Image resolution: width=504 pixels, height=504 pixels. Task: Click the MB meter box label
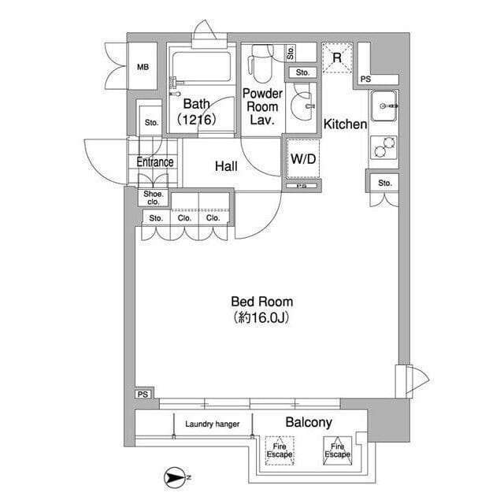click(x=143, y=67)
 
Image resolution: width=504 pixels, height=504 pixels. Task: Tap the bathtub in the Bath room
click(x=202, y=69)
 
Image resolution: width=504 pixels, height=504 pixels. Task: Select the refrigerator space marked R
click(x=337, y=57)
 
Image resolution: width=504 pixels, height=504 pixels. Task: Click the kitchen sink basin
click(x=384, y=106)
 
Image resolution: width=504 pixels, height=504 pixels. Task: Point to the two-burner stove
click(x=384, y=147)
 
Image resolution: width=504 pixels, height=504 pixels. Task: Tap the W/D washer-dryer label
click(x=303, y=159)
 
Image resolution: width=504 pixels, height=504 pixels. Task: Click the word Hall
click(x=226, y=166)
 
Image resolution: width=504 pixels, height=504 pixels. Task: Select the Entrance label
click(x=155, y=162)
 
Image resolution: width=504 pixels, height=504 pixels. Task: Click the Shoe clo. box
click(x=154, y=198)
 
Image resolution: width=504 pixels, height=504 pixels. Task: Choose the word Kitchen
click(x=345, y=124)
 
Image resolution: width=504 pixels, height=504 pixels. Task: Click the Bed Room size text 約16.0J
click(x=261, y=317)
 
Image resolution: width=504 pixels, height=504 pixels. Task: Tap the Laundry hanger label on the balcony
click(x=213, y=424)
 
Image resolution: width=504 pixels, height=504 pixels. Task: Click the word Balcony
click(x=309, y=423)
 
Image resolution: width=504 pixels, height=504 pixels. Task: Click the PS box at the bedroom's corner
click(x=143, y=394)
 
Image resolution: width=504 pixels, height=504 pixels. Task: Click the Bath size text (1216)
click(x=197, y=120)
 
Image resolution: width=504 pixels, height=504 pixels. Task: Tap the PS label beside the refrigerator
click(x=365, y=79)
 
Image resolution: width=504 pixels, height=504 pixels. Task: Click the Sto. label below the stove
click(x=385, y=183)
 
